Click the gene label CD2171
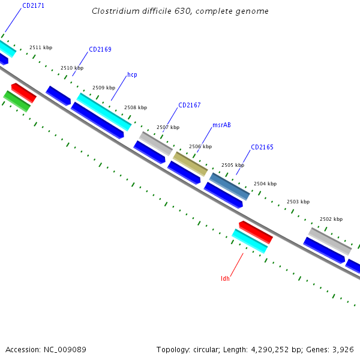33,5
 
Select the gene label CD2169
100,49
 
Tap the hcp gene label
132,75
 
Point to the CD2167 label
189,105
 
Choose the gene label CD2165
262,147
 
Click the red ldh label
225,278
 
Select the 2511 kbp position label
41,47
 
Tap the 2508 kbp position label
136,108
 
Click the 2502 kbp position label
331,220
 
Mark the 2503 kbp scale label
298,202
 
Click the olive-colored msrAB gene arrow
190,164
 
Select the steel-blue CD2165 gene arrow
229,186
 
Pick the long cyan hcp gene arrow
104,112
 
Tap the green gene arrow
17,101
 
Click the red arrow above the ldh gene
256,232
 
